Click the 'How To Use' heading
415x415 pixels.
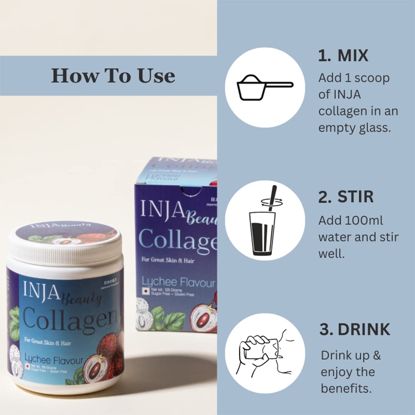tap(113, 75)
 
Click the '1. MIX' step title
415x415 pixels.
tap(343, 55)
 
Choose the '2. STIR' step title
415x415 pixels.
tap(346, 197)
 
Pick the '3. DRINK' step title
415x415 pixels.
tap(354, 329)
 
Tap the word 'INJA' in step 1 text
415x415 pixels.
tap(347, 94)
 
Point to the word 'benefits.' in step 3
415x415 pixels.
tap(346, 388)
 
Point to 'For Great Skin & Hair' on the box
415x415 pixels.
tap(168, 260)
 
